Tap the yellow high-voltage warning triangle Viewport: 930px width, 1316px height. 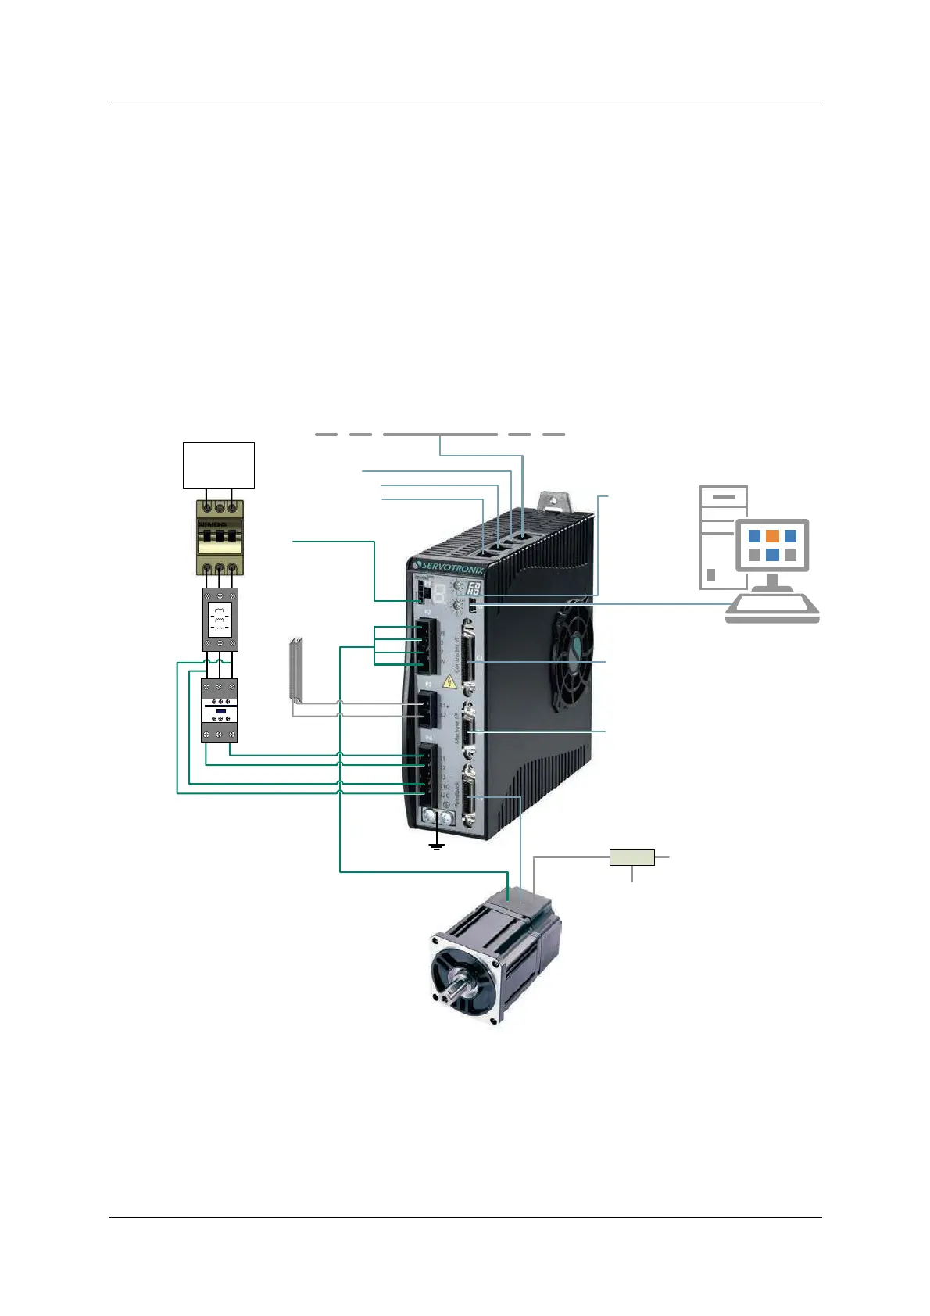coord(449,681)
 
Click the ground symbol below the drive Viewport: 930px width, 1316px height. coord(437,845)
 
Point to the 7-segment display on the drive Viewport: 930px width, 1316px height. coord(440,593)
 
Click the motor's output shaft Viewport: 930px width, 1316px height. coord(456,986)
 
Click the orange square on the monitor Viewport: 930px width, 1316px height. coord(772,536)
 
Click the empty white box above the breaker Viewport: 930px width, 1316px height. coord(219,465)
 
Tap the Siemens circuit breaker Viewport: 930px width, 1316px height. coord(220,538)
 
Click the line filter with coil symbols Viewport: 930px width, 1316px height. coord(220,620)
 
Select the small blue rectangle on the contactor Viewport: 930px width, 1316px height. coord(220,710)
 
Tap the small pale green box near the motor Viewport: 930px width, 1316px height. coord(631,857)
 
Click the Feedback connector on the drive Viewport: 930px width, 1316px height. coord(469,797)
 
